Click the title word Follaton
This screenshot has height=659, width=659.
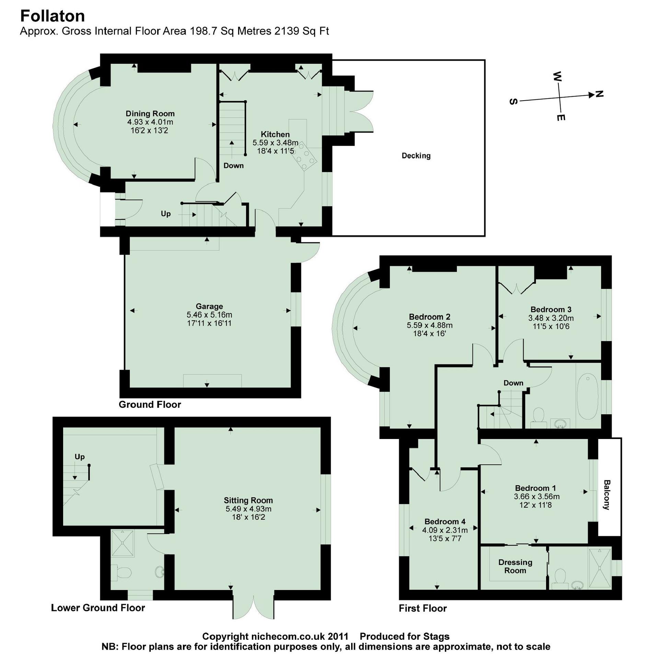(53, 16)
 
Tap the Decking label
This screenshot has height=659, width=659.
(416, 156)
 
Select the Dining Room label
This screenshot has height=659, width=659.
(150, 114)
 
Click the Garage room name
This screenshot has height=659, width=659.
(209, 306)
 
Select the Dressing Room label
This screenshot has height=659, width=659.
(515, 566)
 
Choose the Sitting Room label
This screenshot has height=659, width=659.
(248, 500)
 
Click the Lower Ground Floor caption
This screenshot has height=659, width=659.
(98, 608)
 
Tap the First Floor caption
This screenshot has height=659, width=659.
(423, 609)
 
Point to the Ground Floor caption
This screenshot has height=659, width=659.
(150, 404)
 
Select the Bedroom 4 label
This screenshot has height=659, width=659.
(445, 522)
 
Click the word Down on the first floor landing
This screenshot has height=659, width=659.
(513, 383)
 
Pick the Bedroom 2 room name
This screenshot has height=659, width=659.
(429, 316)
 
